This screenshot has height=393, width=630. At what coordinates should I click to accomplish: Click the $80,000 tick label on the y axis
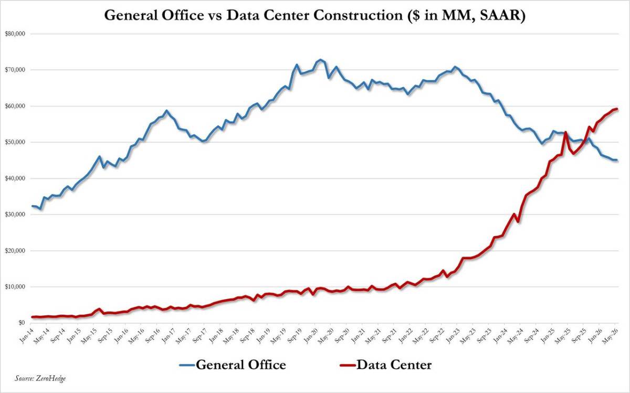[x=15, y=34]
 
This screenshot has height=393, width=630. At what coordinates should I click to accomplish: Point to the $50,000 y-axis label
[x=15, y=142]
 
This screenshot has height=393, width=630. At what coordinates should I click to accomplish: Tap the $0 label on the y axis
[x=22, y=323]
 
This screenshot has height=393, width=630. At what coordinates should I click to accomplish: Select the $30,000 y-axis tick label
[x=15, y=214]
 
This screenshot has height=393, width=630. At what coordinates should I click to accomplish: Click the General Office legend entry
[x=233, y=365]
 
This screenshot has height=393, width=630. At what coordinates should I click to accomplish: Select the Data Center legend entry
[x=386, y=365]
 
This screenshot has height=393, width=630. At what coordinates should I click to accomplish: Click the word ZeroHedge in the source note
[x=50, y=378]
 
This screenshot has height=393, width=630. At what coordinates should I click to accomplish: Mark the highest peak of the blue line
[x=320, y=60]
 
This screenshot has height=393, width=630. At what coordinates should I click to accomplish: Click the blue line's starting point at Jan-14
[x=32, y=206]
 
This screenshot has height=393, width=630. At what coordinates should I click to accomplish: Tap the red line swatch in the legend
[x=348, y=365]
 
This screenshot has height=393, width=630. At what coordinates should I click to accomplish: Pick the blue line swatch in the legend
[x=187, y=365]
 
